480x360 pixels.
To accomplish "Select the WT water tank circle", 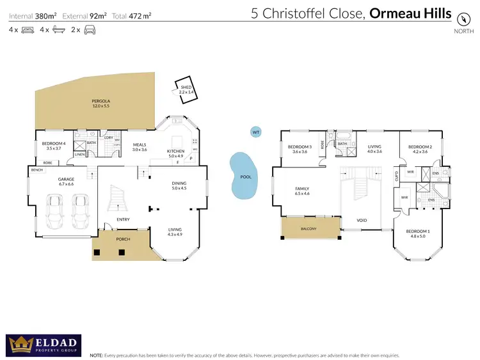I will (256, 132).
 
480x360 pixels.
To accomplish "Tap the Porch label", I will (123, 240).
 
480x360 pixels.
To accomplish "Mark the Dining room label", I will (179, 186).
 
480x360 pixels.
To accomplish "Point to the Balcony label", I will (308, 228).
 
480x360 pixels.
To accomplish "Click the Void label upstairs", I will (362, 221).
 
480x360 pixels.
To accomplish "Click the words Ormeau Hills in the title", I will (410, 13).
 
